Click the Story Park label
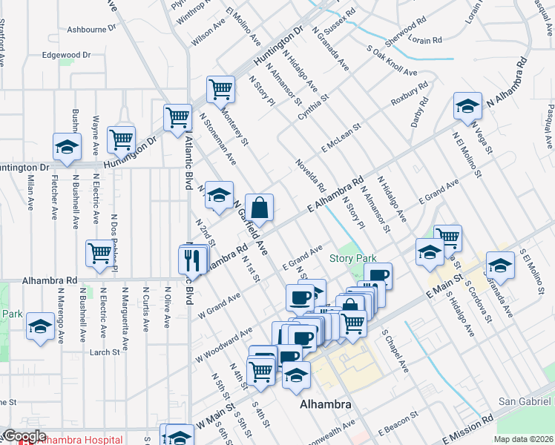pos(354,258)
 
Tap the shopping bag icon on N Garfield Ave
pos(260,208)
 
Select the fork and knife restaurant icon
pos(191,259)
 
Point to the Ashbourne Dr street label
pos(92,30)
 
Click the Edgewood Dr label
pos(66,55)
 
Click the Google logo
pos(24,437)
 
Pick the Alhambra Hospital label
pos(80,440)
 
